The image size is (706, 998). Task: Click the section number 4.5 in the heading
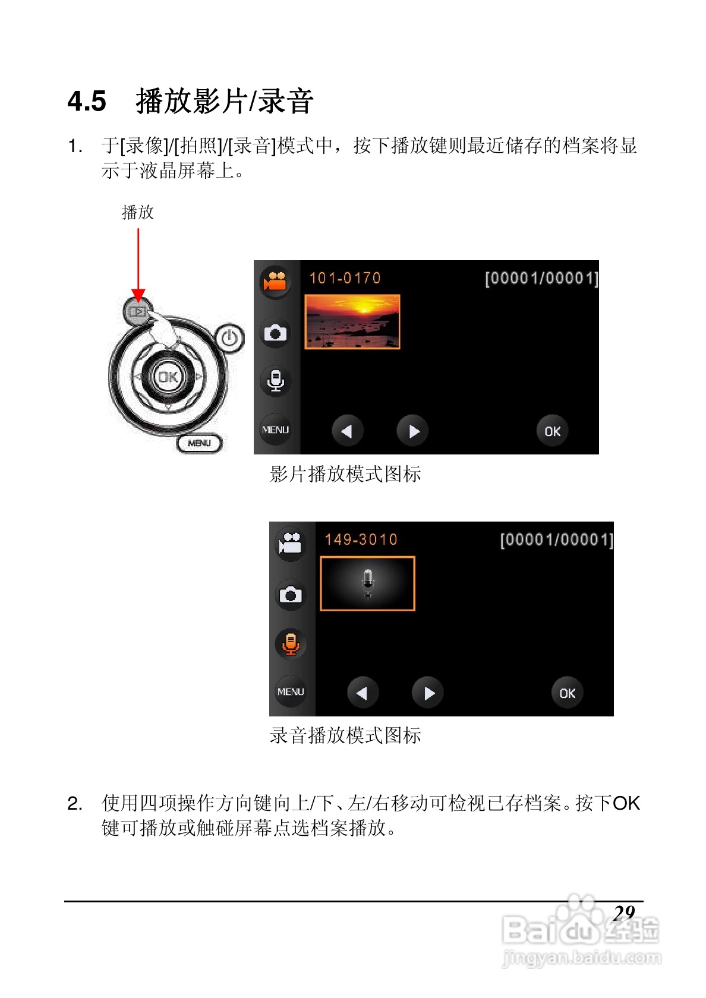[x=87, y=101]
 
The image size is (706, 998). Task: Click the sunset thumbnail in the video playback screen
[x=352, y=321]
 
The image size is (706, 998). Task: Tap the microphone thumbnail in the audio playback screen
[x=367, y=583]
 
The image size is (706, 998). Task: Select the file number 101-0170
[x=345, y=278]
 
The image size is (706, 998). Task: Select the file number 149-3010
[x=361, y=539]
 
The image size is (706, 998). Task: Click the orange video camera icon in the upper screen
[x=276, y=281]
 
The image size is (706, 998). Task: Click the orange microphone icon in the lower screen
[x=291, y=643]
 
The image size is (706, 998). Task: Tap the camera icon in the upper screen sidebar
[x=275, y=333]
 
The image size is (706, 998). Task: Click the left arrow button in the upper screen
[x=347, y=431]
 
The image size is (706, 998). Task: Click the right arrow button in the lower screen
[x=428, y=693]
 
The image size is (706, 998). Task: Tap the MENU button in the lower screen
[x=291, y=692]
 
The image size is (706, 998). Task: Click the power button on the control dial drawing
[x=229, y=339]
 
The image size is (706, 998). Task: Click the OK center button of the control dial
[x=168, y=377]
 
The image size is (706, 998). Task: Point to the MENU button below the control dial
[x=199, y=443]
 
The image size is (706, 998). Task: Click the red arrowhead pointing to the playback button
[x=138, y=295]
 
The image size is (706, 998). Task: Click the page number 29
[x=624, y=912]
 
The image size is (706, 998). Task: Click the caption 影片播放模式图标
[x=345, y=474]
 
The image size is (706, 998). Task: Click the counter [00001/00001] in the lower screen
[x=556, y=539]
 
